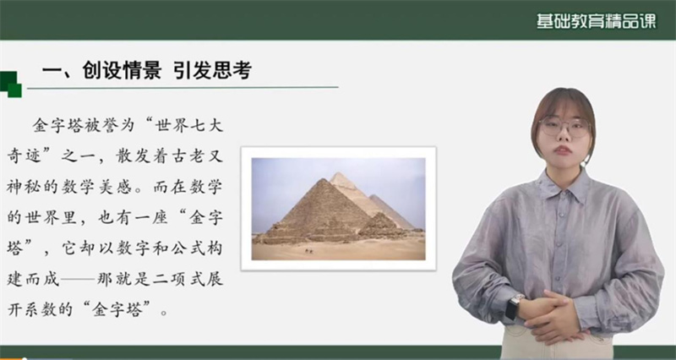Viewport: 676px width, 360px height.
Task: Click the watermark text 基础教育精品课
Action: click(x=597, y=21)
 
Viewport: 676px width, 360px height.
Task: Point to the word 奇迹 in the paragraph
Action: click(x=24, y=156)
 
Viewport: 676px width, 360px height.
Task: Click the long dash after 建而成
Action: click(x=78, y=280)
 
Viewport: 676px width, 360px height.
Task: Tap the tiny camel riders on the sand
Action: click(x=308, y=250)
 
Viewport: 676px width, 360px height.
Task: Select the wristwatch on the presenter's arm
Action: click(x=514, y=306)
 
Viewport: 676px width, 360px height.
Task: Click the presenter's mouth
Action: click(x=563, y=150)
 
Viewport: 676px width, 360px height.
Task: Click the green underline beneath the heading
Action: click(x=183, y=88)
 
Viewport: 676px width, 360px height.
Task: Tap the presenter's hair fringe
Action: click(x=560, y=106)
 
